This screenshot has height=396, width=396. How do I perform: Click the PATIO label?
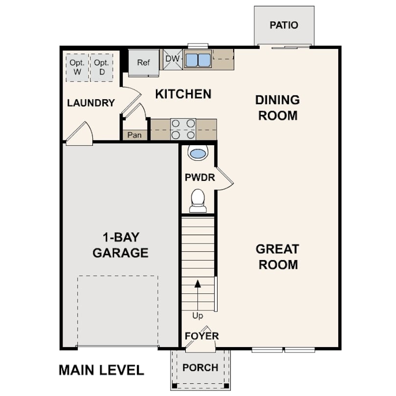[284, 25]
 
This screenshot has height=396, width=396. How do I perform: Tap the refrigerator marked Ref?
[144, 63]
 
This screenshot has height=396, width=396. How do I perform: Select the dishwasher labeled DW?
[173, 59]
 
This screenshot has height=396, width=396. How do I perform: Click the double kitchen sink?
[198, 60]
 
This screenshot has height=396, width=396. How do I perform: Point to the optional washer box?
[77, 67]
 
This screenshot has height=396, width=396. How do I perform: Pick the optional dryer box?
[102, 67]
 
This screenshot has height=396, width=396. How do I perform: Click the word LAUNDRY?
[91, 103]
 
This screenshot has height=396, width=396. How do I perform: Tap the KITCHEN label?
[183, 94]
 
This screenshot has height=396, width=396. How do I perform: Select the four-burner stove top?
[183, 129]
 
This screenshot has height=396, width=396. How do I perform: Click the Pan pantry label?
[134, 135]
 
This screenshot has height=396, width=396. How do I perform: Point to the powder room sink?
[198, 153]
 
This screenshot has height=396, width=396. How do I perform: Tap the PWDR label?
[200, 177]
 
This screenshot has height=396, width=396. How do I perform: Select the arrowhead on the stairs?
[198, 284]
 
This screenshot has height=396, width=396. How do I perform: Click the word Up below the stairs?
[198, 316]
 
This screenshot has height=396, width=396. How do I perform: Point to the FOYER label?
[202, 336]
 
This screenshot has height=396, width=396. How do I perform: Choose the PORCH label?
[200, 368]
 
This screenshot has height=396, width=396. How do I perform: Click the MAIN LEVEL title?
[101, 370]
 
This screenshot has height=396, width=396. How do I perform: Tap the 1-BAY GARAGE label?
[120, 245]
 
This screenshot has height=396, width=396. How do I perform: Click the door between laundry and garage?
[79, 134]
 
